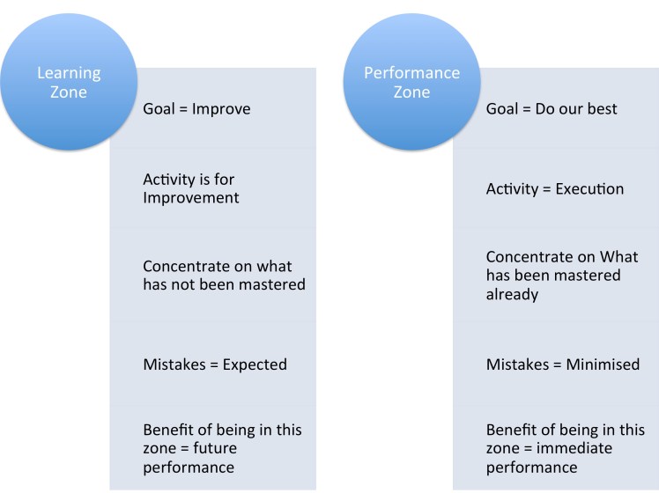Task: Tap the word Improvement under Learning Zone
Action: coord(190,198)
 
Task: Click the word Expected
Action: coord(255,364)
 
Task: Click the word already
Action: coord(512,294)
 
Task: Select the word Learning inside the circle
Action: coord(69,72)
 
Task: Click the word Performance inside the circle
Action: coord(411,72)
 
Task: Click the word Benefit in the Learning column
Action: coord(167,430)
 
